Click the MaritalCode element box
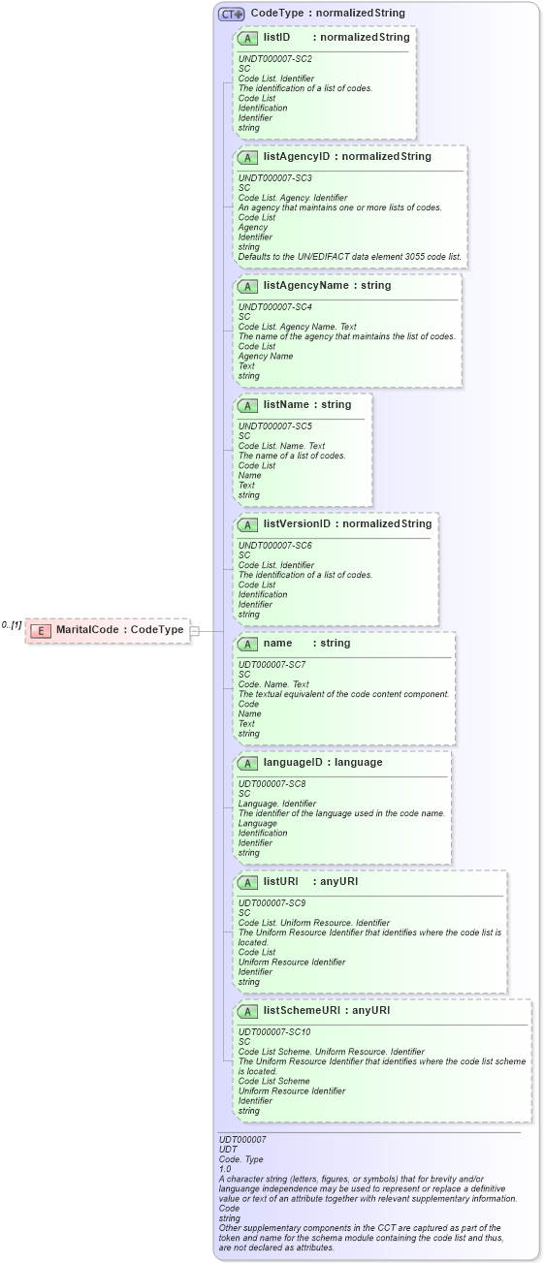coord(107,630)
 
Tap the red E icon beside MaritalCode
coord(41,630)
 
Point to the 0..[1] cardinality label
coord(12,625)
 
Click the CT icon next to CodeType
coord(231,15)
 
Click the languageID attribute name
coord(295,762)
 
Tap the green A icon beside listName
coord(247,405)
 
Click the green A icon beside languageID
coord(247,763)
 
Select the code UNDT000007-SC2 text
coord(275,59)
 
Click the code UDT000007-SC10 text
coord(274,1032)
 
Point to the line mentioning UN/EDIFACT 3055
coord(350,257)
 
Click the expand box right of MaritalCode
coord(195,630)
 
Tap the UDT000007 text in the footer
coord(242,1140)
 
